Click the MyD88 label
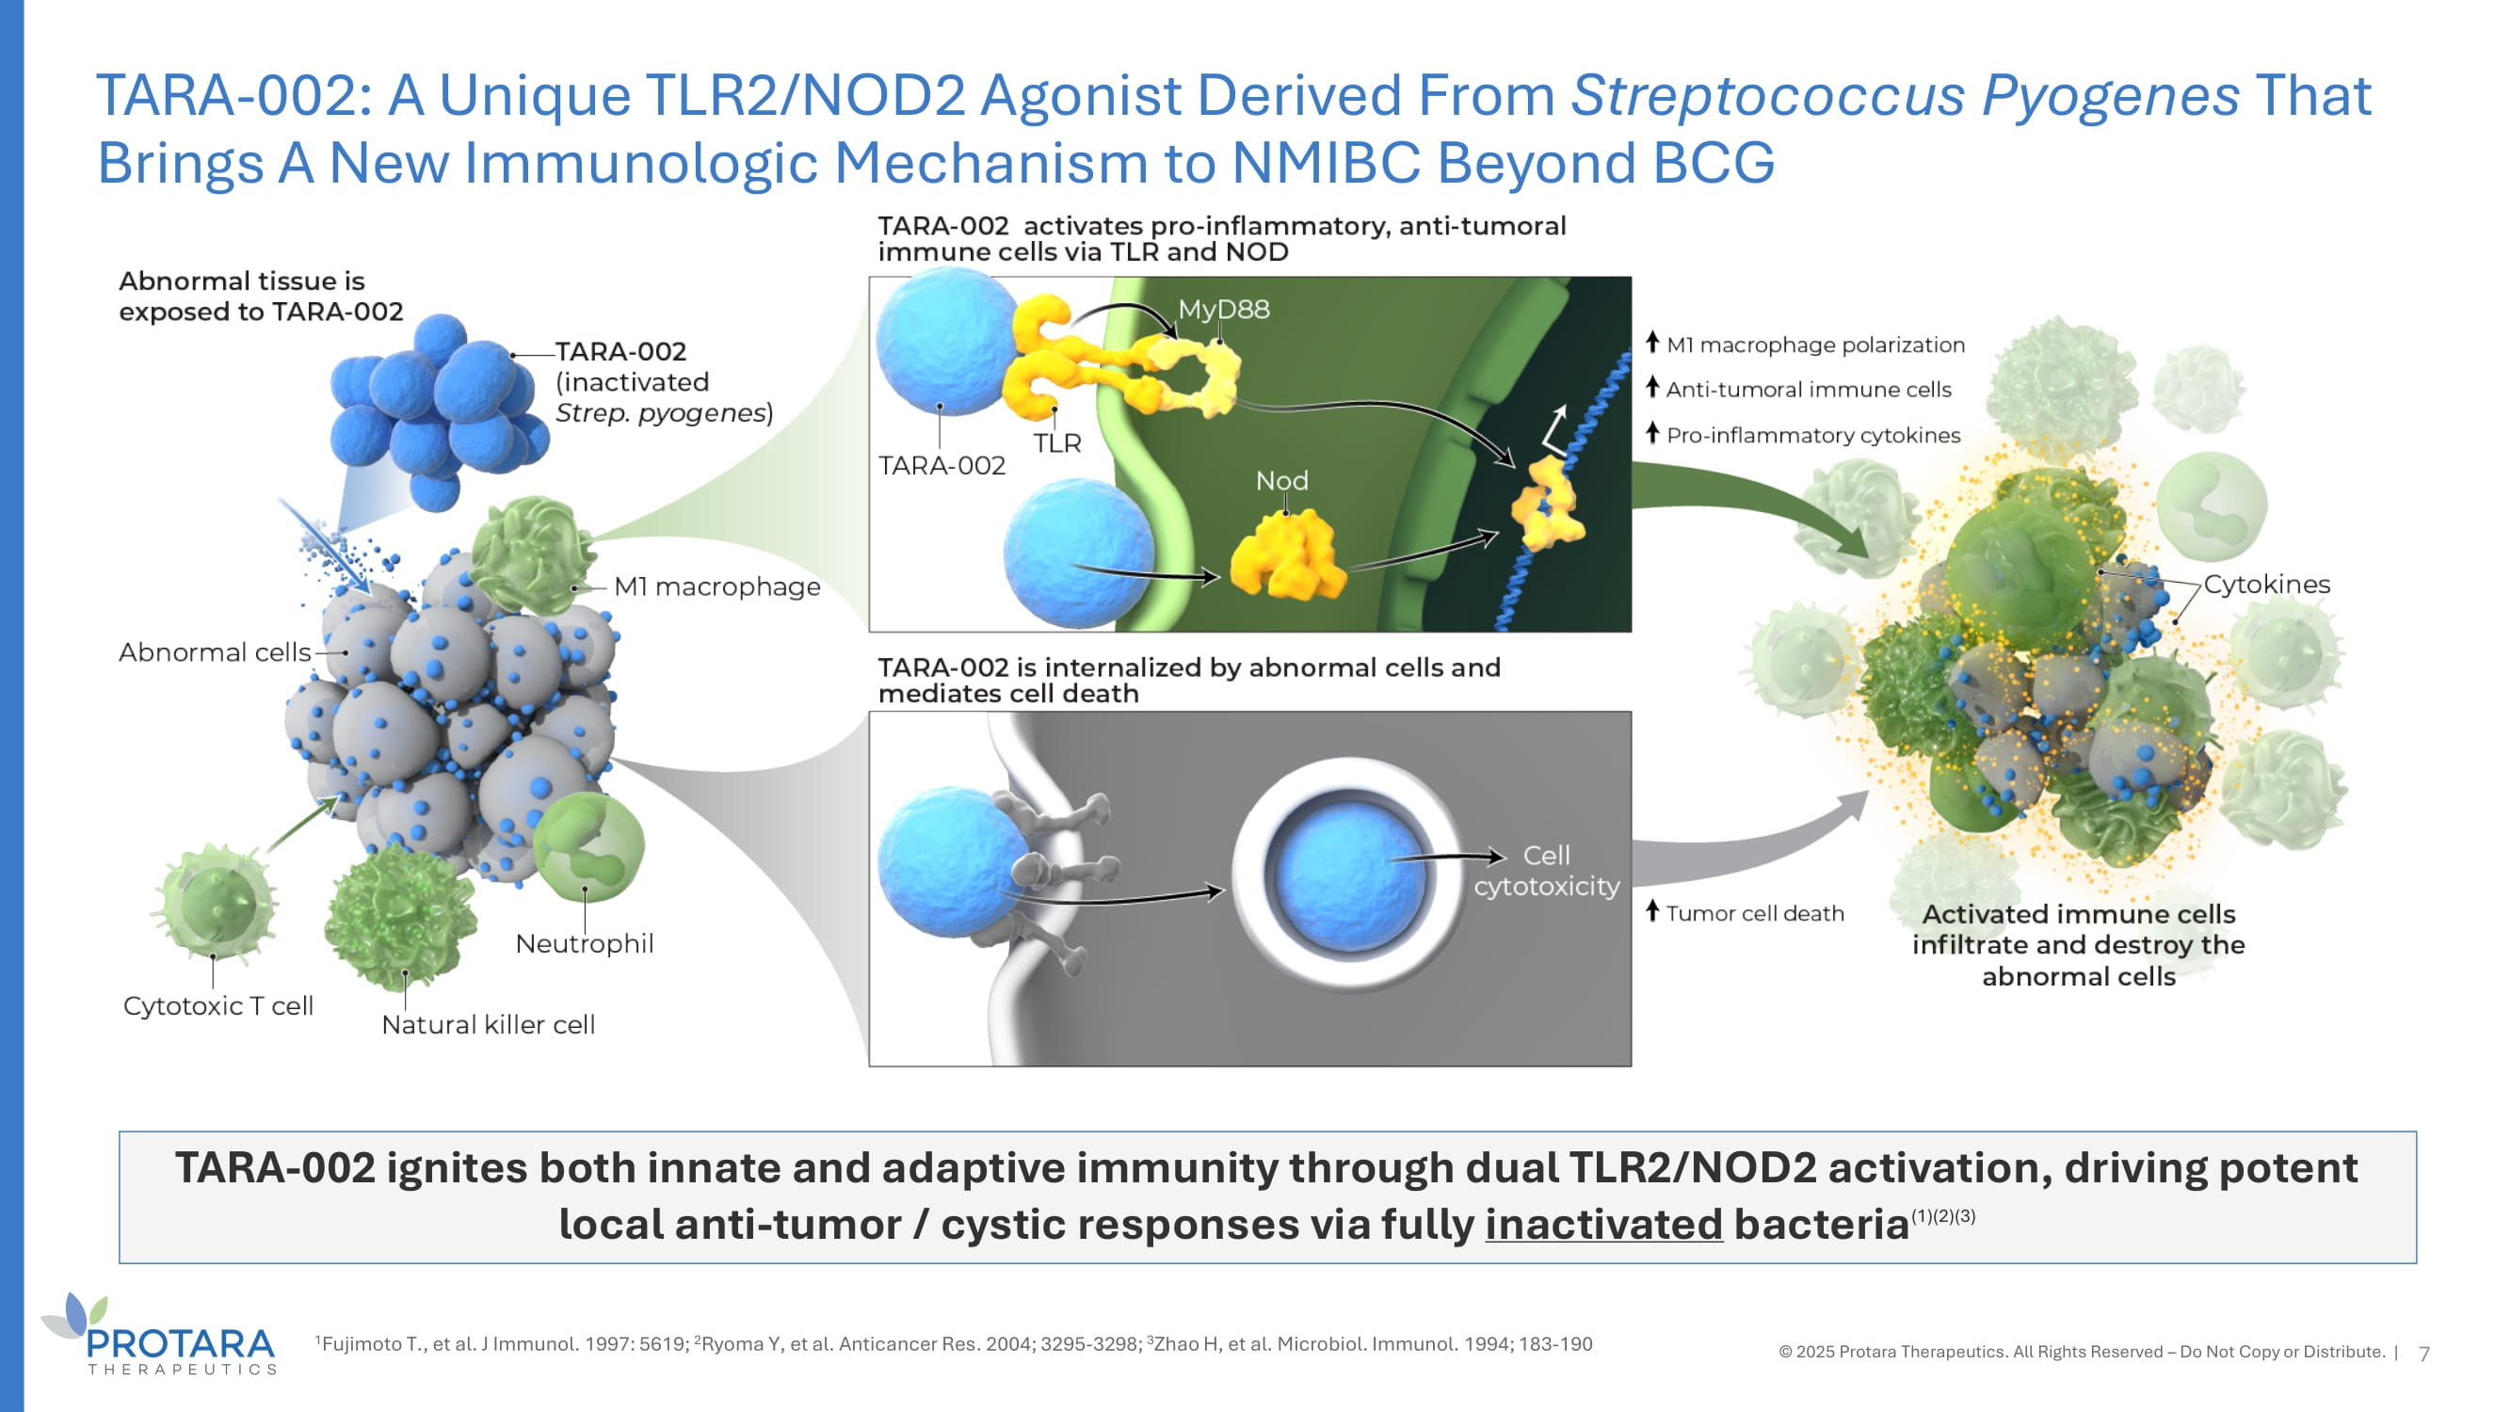[x=1223, y=310]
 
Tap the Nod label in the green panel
[x=1280, y=481]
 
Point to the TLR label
[x=1056, y=443]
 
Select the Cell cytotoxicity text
[x=1546, y=871]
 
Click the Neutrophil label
[x=584, y=944]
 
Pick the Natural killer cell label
[x=488, y=1025]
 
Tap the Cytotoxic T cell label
[x=217, y=1006]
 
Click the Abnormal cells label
[x=215, y=653]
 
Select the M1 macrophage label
[x=716, y=586]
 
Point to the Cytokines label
[x=2266, y=585]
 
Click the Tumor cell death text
[x=1754, y=914]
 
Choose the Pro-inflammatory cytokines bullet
[x=1812, y=436]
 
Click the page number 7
[x=2424, y=1354]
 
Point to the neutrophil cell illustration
[x=588, y=846]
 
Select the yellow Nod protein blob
[x=1287, y=557]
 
